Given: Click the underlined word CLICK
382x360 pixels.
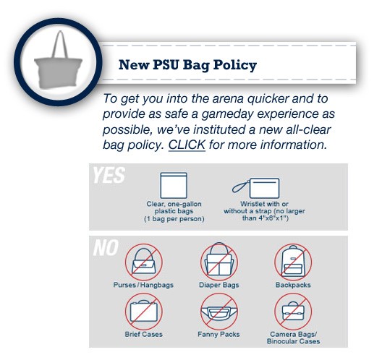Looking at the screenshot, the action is click(187, 145).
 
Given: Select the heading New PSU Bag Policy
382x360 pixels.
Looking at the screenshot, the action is click(187, 65).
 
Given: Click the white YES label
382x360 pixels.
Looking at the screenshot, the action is click(109, 175).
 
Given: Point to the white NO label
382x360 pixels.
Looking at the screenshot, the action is click(106, 247).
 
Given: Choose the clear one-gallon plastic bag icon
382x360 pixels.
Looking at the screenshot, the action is click(174, 186).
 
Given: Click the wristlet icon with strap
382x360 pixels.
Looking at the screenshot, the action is click(256, 188).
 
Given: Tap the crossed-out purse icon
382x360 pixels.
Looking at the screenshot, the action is click(144, 262).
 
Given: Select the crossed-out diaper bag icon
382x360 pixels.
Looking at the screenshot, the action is click(219, 262).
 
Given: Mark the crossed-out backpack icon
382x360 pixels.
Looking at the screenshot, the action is click(293, 262).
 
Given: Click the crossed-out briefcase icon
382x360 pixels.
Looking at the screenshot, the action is click(144, 312).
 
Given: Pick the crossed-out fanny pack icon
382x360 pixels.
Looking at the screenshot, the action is click(219, 312).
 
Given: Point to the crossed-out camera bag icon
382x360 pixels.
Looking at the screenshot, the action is click(293, 312).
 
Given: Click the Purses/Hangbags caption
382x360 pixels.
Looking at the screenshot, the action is click(143, 285).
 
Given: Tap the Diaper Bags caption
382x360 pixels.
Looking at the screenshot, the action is click(219, 285).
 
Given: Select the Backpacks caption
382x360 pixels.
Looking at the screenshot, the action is click(293, 285).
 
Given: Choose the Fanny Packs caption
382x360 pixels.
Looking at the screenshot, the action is click(218, 335).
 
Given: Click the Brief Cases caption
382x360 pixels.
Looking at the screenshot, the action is click(144, 334).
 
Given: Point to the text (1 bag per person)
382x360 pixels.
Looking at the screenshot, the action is click(174, 219).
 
